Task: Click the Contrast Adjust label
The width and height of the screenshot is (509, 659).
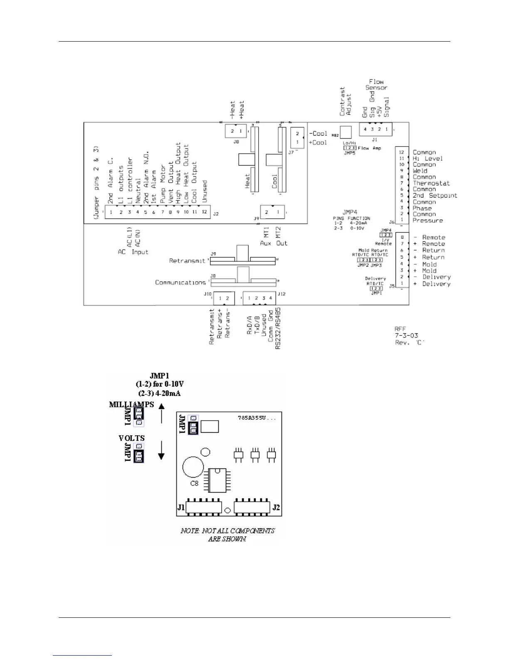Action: [346, 101]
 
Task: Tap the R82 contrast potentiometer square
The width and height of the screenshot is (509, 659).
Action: [346, 132]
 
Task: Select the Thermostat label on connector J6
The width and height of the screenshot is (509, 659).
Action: [431, 183]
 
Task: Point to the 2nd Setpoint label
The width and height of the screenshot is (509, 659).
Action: [435, 196]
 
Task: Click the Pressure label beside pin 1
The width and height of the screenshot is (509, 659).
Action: [427, 220]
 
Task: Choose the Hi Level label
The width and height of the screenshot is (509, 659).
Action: [427, 159]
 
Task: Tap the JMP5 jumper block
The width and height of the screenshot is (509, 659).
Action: [350, 148]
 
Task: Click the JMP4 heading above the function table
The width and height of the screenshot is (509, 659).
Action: [350, 212]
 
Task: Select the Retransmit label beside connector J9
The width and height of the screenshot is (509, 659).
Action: [187, 261]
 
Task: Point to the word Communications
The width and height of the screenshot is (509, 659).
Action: [180, 282]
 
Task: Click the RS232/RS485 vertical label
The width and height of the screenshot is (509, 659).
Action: [278, 328]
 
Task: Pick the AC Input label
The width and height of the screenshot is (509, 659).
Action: [133, 252]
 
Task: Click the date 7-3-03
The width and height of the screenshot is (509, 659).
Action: [406, 335]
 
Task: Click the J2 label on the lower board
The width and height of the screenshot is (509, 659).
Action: [276, 508]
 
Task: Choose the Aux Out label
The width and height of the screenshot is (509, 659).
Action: [274, 243]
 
